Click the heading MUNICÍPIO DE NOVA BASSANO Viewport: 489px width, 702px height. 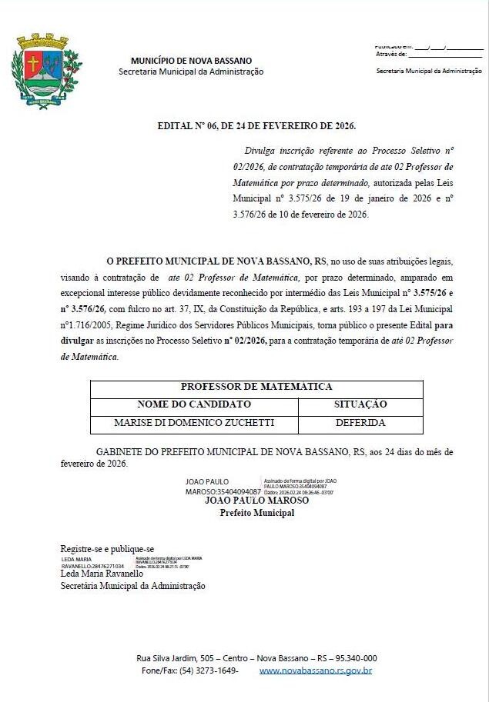coord(191,61)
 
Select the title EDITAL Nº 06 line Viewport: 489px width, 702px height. coord(256,125)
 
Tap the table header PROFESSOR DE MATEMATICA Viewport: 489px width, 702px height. coord(256,387)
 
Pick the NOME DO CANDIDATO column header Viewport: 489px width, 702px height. coord(194,404)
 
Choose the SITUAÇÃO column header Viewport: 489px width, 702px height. coord(360,404)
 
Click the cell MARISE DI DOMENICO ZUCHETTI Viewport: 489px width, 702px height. coord(194,423)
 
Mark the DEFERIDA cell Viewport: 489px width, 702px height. coord(360,423)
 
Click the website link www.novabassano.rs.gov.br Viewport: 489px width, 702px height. coord(316,670)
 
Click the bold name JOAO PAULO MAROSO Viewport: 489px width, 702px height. coord(256,501)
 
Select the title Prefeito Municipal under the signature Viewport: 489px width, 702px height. coord(256,513)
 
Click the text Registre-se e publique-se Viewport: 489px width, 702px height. coord(107,548)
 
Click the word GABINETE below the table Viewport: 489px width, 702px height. coord(117,452)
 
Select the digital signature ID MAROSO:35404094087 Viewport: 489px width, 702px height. coord(223,491)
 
